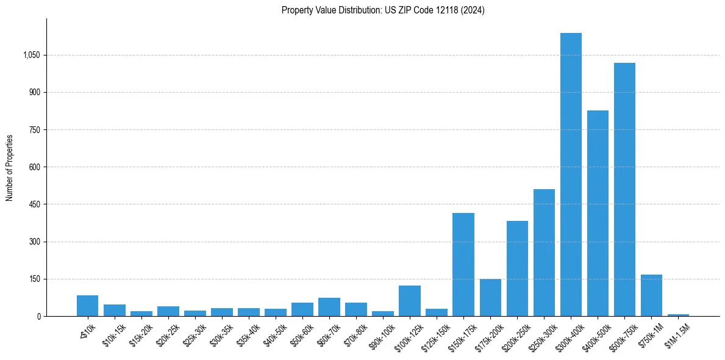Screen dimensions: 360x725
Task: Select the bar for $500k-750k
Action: pos(624,189)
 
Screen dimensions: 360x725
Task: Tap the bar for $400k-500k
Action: pos(598,214)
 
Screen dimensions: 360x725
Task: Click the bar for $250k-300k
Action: pos(544,253)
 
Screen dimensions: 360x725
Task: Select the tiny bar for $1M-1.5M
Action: pos(678,315)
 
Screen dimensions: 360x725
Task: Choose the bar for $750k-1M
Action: pos(651,295)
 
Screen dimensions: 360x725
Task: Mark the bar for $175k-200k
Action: pos(490,298)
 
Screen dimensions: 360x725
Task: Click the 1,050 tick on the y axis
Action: pos(31,55)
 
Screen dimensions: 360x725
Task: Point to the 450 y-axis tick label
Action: pos(34,204)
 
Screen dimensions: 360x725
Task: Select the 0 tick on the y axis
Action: pos(38,316)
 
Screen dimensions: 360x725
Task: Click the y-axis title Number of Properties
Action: pos(9,167)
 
